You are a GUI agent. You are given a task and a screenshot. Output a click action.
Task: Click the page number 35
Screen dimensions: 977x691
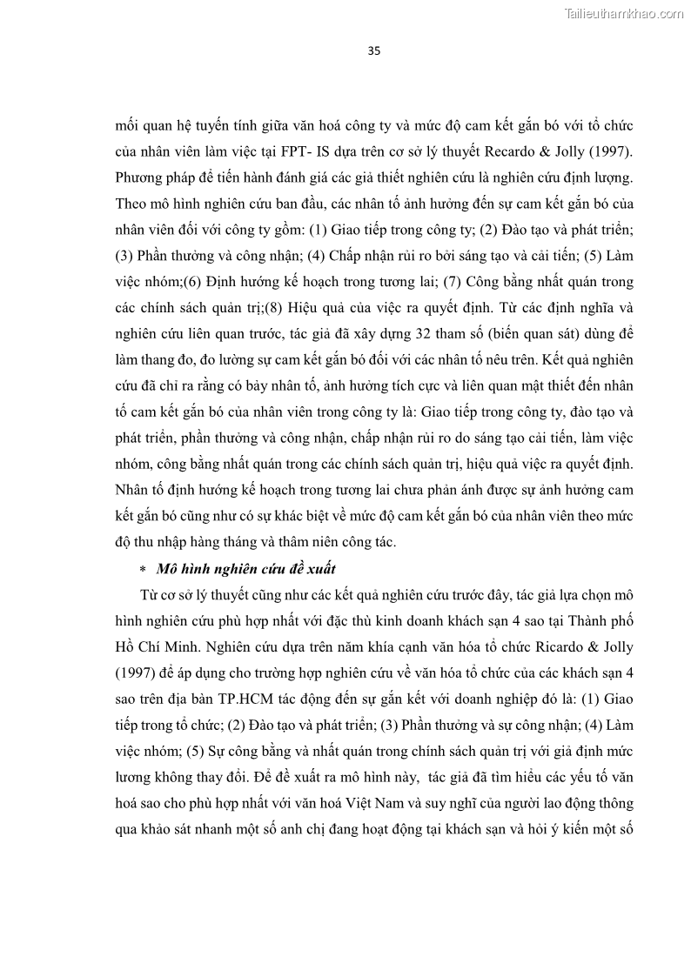point(374,50)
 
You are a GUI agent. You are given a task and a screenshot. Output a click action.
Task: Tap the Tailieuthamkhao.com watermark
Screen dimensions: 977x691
point(624,14)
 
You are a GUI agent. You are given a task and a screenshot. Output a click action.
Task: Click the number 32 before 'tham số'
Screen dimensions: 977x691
point(413,334)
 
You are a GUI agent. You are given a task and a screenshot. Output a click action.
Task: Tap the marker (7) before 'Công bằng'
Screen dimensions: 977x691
point(455,282)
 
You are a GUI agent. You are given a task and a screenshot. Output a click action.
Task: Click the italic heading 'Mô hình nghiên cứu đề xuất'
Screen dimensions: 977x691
point(245,569)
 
